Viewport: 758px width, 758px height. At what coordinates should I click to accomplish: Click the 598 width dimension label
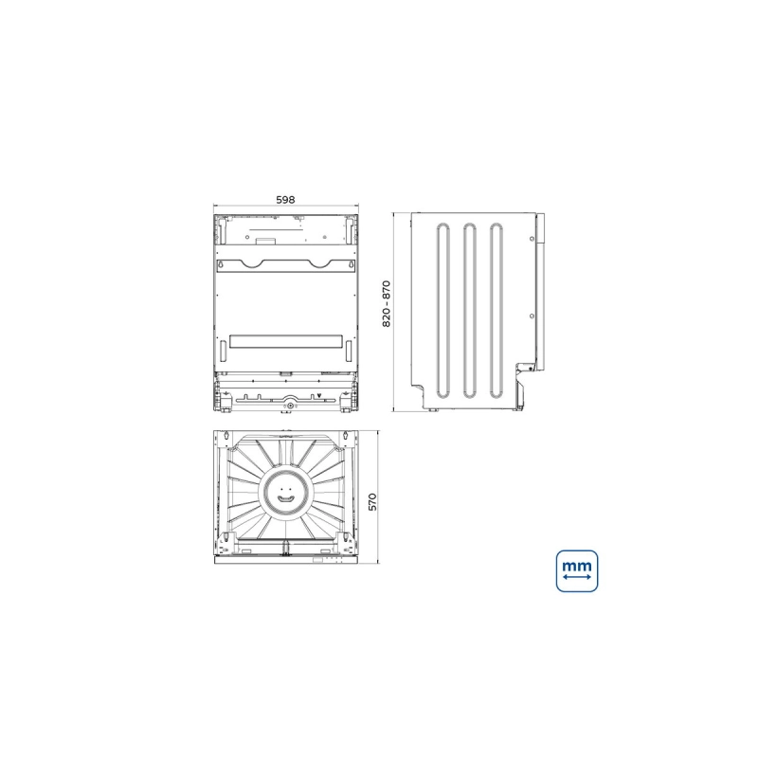click(285, 200)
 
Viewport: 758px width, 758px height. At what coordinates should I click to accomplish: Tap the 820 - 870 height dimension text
click(387, 303)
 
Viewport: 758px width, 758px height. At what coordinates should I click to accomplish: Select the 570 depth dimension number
click(372, 502)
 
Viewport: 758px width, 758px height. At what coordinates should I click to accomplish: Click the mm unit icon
click(577, 571)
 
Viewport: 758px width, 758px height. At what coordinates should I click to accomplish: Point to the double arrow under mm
click(577, 578)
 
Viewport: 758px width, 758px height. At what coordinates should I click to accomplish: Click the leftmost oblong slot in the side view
click(442, 311)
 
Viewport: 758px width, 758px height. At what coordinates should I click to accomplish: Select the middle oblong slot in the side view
click(469, 311)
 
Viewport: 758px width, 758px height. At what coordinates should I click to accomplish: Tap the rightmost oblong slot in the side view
click(496, 311)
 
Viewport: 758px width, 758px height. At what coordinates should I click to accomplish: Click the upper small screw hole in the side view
click(532, 239)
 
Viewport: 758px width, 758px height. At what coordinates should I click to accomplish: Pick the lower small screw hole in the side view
click(532, 316)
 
